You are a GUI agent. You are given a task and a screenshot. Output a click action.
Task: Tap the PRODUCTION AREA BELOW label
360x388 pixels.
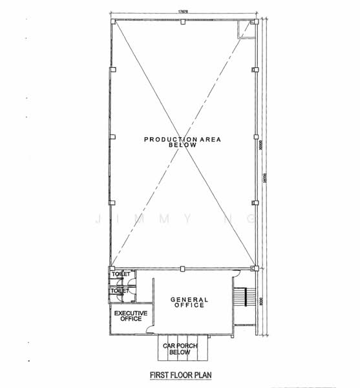pos(180,142)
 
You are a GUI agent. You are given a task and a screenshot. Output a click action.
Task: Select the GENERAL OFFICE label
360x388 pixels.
pos(189,302)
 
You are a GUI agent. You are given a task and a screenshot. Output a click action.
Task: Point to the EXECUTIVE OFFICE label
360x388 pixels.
pos(131,316)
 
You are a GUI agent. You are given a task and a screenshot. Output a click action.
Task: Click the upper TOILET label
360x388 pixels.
pos(121,274)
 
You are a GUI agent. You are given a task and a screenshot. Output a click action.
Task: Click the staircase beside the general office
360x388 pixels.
pos(241,297)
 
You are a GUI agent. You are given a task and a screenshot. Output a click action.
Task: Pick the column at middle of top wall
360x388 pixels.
pos(184,22)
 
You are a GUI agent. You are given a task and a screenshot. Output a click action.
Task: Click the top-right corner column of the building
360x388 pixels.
pos(255,22)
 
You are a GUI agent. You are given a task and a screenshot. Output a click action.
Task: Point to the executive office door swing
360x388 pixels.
pos(151,329)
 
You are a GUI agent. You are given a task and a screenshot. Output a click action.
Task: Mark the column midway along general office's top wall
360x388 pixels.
pos(184,268)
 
